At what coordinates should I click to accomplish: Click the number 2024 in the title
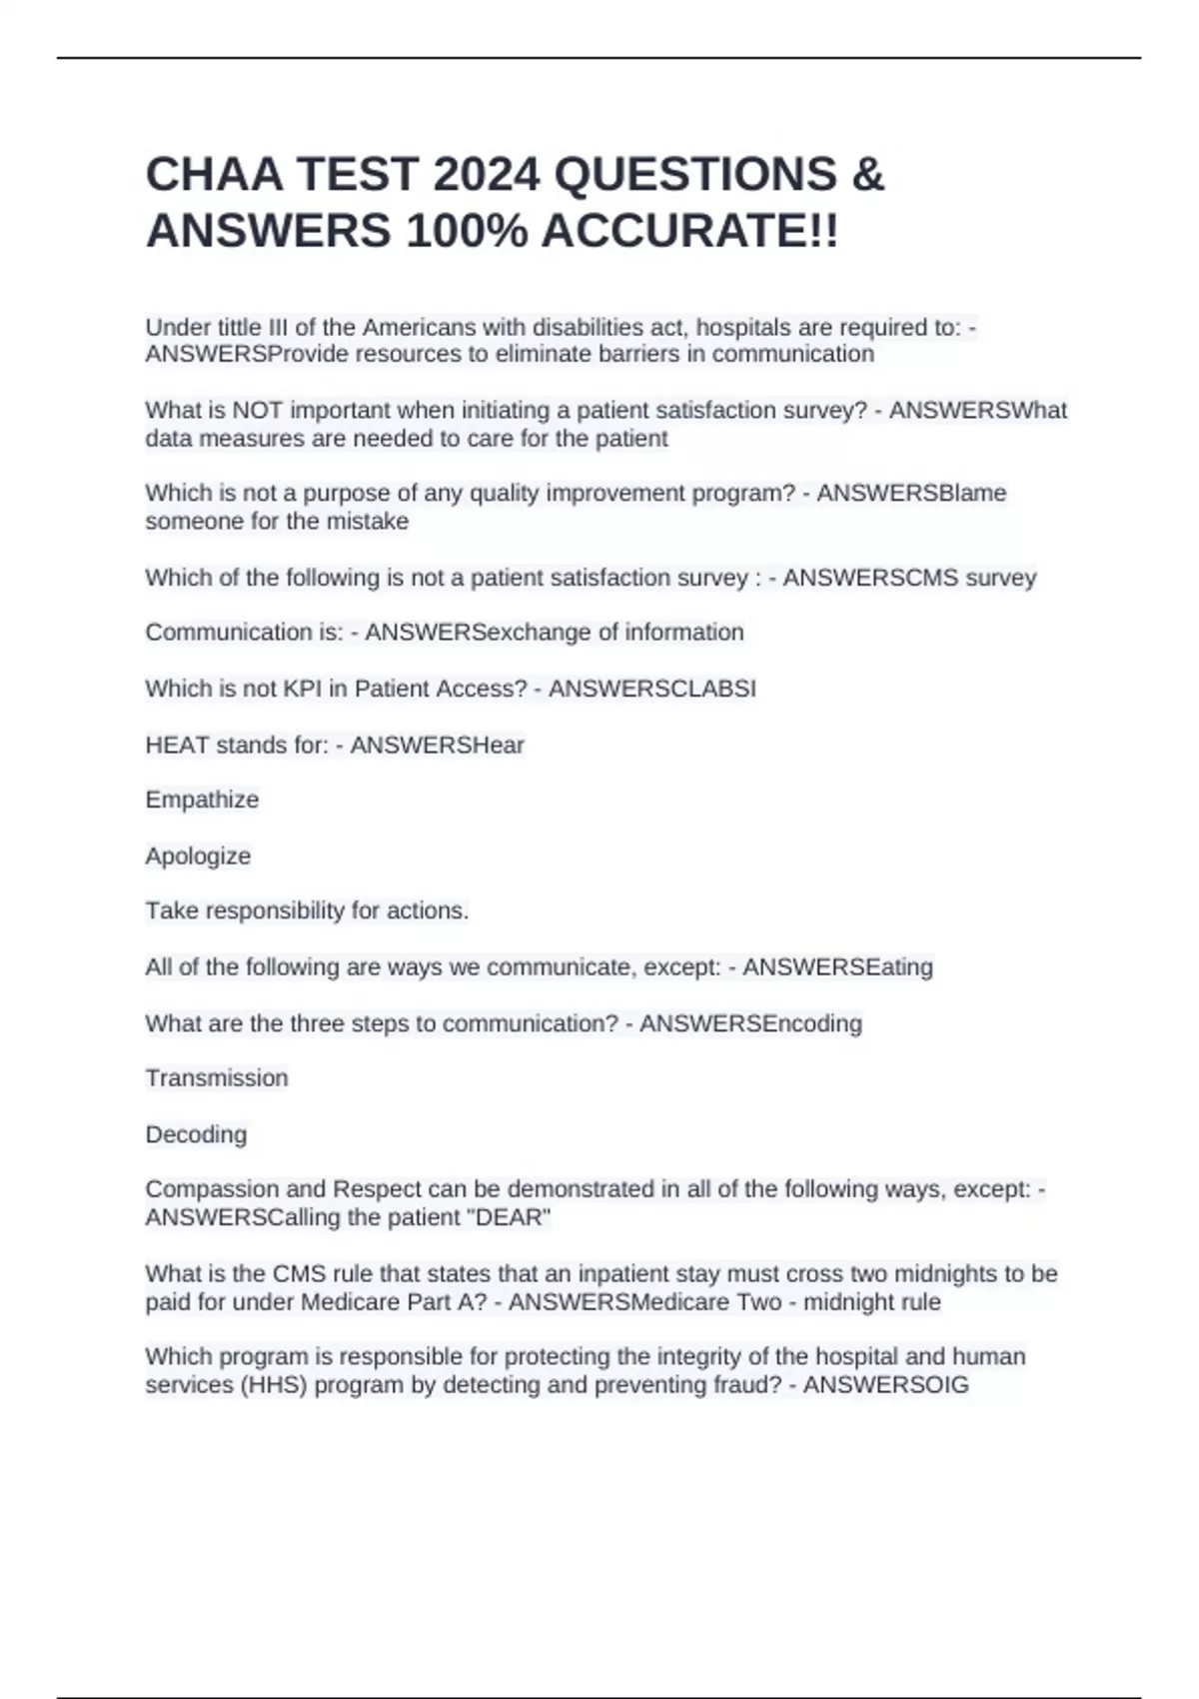(x=487, y=175)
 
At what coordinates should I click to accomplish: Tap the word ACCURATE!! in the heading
(x=689, y=232)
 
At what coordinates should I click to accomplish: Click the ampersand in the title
(x=868, y=175)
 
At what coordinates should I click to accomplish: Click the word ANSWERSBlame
(x=911, y=493)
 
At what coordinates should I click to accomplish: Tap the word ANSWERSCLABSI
(x=651, y=689)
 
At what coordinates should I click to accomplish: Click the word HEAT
(x=177, y=745)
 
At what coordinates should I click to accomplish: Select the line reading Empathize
(x=202, y=800)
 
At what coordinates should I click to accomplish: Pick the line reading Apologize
(x=198, y=855)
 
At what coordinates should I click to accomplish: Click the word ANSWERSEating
(x=837, y=966)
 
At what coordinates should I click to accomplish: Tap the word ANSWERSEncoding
(x=750, y=1023)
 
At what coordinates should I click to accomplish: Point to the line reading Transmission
(x=217, y=1077)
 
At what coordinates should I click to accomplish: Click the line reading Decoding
(x=196, y=1134)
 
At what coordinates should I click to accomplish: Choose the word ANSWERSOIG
(x=885, y=1384)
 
